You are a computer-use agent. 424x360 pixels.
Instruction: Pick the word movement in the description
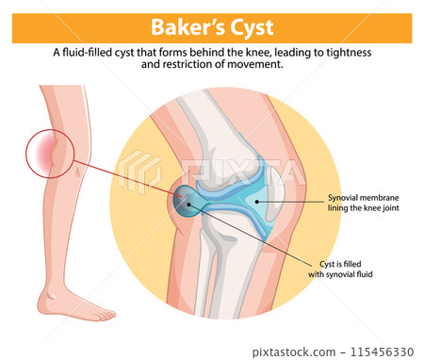pyautogui.click(x=255, y=66)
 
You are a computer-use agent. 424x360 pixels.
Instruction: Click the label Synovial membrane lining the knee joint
pyautogui.click(x=364, y=203)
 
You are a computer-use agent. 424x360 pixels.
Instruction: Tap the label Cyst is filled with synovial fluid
pyautogui.click(x=348, y=269)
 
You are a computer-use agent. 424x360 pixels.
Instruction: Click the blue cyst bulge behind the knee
pyautogui.click(x=187, y=202)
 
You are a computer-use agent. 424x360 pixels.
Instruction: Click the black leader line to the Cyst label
pyautogui.click(x=254, y=237)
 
